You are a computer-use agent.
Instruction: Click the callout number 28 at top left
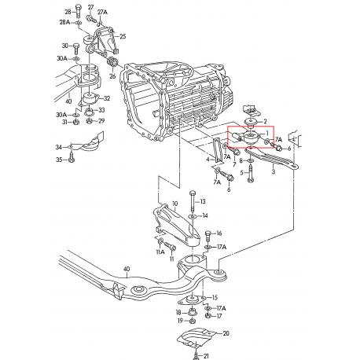[68, 13]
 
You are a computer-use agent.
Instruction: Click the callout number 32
[107, 98]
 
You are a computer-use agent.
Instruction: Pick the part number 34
[58, 147]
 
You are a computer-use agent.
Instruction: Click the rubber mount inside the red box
[251, 141]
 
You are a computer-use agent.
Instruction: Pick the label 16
[219, 233]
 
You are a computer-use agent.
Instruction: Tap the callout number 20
[226, 333]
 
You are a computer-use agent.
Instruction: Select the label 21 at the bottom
[207, 355]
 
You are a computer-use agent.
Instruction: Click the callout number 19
[179, 321]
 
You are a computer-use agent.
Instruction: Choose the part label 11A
[160, 252]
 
